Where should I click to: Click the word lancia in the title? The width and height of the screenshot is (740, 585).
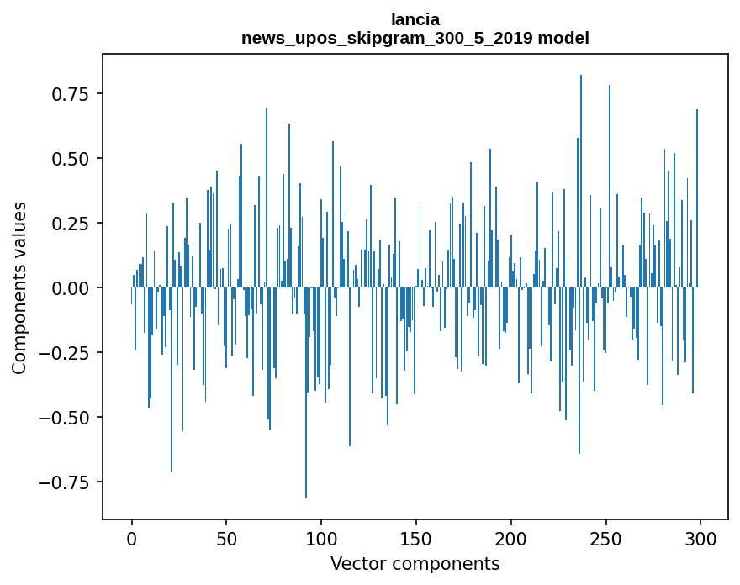click(415, 19)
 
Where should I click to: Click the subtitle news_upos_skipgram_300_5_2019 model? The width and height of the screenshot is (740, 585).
click(415, 38)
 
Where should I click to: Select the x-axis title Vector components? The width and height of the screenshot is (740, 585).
click(415, 564)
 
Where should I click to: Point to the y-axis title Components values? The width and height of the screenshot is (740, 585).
click(19, 287)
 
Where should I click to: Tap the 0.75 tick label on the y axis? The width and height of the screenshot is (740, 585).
click(65, 94)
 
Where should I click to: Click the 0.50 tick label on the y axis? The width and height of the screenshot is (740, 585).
click(65, 159)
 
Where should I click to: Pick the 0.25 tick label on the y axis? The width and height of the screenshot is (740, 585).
click(65, 224)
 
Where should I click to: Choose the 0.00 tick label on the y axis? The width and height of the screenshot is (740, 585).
click(65, 288)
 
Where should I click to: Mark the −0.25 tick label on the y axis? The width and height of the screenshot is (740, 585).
click(60, 353)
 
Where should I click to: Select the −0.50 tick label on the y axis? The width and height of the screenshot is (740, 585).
click(60, 418)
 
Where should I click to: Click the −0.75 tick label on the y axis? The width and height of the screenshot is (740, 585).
click(60, 482)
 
